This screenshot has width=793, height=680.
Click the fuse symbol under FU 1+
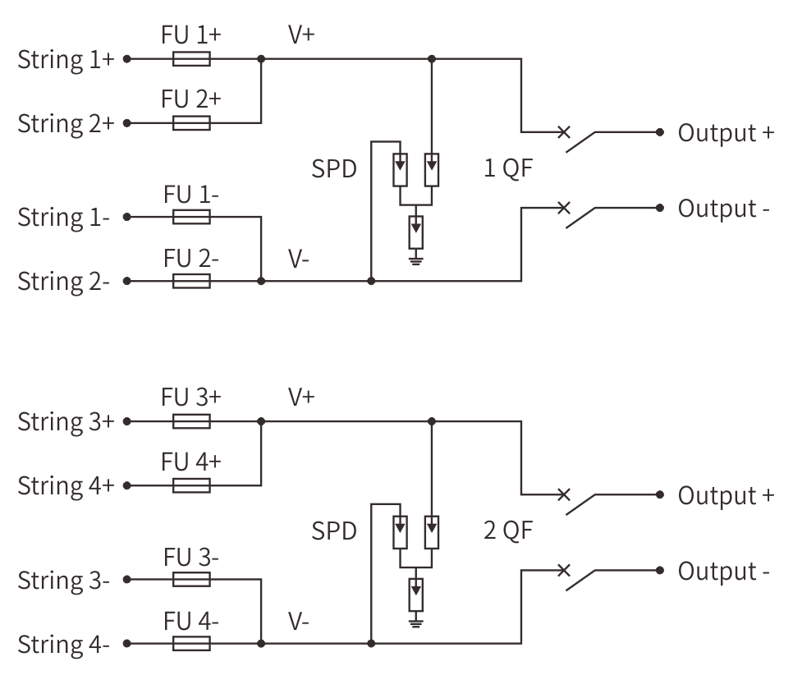(191, 59)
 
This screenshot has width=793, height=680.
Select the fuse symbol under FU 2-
(191, 281)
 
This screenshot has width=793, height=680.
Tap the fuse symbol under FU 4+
(191, 485)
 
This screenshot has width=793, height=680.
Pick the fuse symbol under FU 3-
(191, 579)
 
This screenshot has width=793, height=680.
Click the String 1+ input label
(66, 61)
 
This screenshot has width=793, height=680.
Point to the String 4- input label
(64, 645)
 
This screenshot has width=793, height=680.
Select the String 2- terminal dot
(127, 281)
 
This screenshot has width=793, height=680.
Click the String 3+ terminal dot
(127, 421)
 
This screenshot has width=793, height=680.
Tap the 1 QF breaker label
(508, 168)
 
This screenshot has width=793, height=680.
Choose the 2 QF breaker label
(508, 531)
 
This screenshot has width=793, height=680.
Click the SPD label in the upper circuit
(334, 169)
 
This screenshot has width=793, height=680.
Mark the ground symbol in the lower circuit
(415, 622)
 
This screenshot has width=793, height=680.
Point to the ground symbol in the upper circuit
(415, 260)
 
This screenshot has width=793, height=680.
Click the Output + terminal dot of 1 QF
(659, 132)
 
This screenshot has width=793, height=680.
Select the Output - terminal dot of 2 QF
(659, 570)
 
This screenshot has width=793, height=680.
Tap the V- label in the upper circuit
(298, 259)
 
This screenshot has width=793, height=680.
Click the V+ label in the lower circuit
(301, 397)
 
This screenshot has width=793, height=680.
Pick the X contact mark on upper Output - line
(563, 208)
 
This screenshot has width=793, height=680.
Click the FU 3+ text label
(191, 397)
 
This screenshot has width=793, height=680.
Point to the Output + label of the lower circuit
(727, 495)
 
